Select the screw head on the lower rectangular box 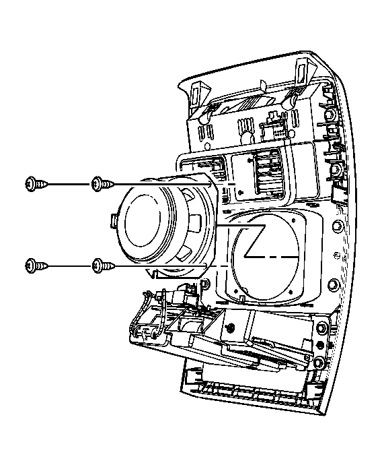(x=231, y=328)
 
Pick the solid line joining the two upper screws (x=67, y=183)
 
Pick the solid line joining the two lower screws (x=67, y=266)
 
